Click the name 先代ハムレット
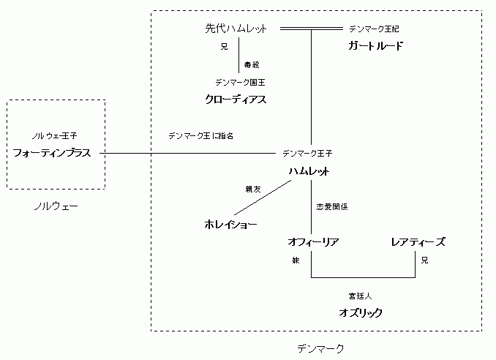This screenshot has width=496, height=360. pos(236,29)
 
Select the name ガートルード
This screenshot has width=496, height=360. pos(375,46)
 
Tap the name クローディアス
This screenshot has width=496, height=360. pos(236,99)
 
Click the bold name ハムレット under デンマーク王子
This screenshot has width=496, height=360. pos(308,171)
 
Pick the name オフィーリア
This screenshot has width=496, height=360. pos(314,241)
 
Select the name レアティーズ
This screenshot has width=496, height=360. pos(418,241)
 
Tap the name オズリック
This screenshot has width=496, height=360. pos(361,312)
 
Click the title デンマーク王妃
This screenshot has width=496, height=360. pos(375,29)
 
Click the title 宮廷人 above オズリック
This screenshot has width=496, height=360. pos(361,296)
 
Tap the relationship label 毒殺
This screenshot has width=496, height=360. pos(252,64)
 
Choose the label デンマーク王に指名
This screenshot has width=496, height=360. pos(200,135)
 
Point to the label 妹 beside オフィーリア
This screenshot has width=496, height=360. pos(297,260)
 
